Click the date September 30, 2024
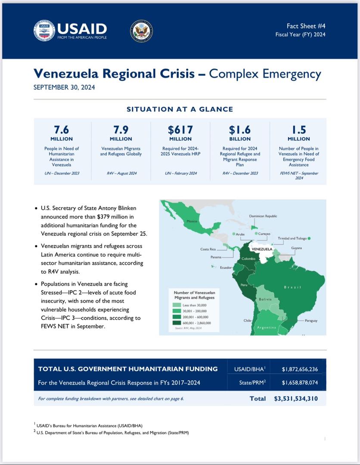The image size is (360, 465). tap(64, 87)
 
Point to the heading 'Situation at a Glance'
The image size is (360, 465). tap(180, 109)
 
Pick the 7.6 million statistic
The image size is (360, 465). tap(61, 130)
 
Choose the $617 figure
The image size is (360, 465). tap(180, 130)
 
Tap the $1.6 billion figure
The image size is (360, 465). tap(240, 130)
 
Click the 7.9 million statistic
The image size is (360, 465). tap(121, 130)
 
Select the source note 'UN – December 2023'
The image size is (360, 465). tap(61, 173)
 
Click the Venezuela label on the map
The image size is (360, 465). tap(261, 249)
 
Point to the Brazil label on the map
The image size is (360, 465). tap(292, 287)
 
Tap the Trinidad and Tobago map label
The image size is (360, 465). tap(293, 238)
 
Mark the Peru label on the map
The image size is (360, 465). tap(244, 285)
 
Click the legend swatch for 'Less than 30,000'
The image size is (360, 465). tap(177, 305)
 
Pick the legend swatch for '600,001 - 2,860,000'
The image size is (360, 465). tap(177, 323)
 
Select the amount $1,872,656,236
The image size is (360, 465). tap(300, 369)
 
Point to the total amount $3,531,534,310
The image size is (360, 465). tap(296, 399)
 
